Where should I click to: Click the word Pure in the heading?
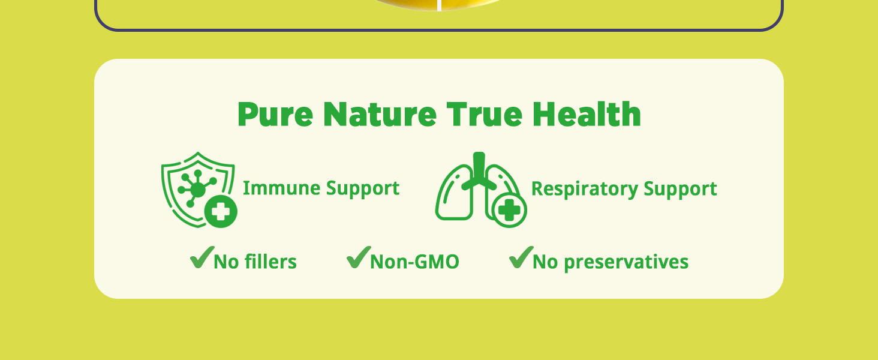275,114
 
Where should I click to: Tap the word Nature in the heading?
380,114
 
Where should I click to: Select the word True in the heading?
484,114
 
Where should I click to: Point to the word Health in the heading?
587,114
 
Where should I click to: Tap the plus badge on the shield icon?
221,211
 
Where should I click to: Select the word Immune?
281,188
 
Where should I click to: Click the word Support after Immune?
363,189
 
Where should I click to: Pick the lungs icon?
480,190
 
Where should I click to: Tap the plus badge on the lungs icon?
509,210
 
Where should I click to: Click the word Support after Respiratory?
680,190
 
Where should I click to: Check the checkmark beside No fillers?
202,257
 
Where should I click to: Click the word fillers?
270,261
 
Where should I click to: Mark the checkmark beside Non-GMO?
359,257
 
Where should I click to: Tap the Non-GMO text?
414,262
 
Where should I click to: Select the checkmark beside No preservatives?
521,257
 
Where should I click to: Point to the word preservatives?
626,262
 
